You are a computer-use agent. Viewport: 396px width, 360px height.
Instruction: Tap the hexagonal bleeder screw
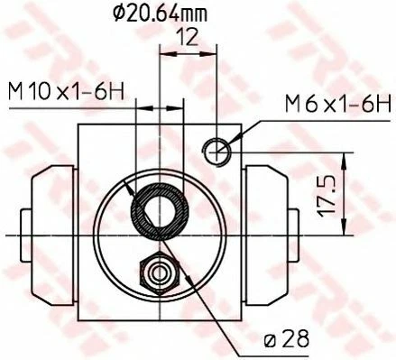pos(160,272)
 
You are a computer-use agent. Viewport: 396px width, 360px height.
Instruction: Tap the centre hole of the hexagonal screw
pos(160,272)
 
